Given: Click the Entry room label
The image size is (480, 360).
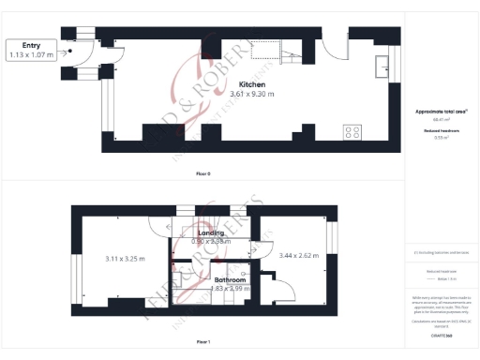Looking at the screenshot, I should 31,45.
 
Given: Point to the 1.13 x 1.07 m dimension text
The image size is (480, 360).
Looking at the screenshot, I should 31,54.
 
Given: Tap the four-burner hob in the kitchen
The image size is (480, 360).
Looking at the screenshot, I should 353,133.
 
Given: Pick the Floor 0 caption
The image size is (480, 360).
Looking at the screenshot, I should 203,174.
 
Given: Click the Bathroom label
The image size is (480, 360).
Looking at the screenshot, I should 230,280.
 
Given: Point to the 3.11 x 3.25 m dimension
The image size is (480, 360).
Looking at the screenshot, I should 124,258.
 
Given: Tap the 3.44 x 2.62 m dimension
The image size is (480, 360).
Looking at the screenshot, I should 296,255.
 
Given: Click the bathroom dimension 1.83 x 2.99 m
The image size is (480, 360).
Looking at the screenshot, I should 230,289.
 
